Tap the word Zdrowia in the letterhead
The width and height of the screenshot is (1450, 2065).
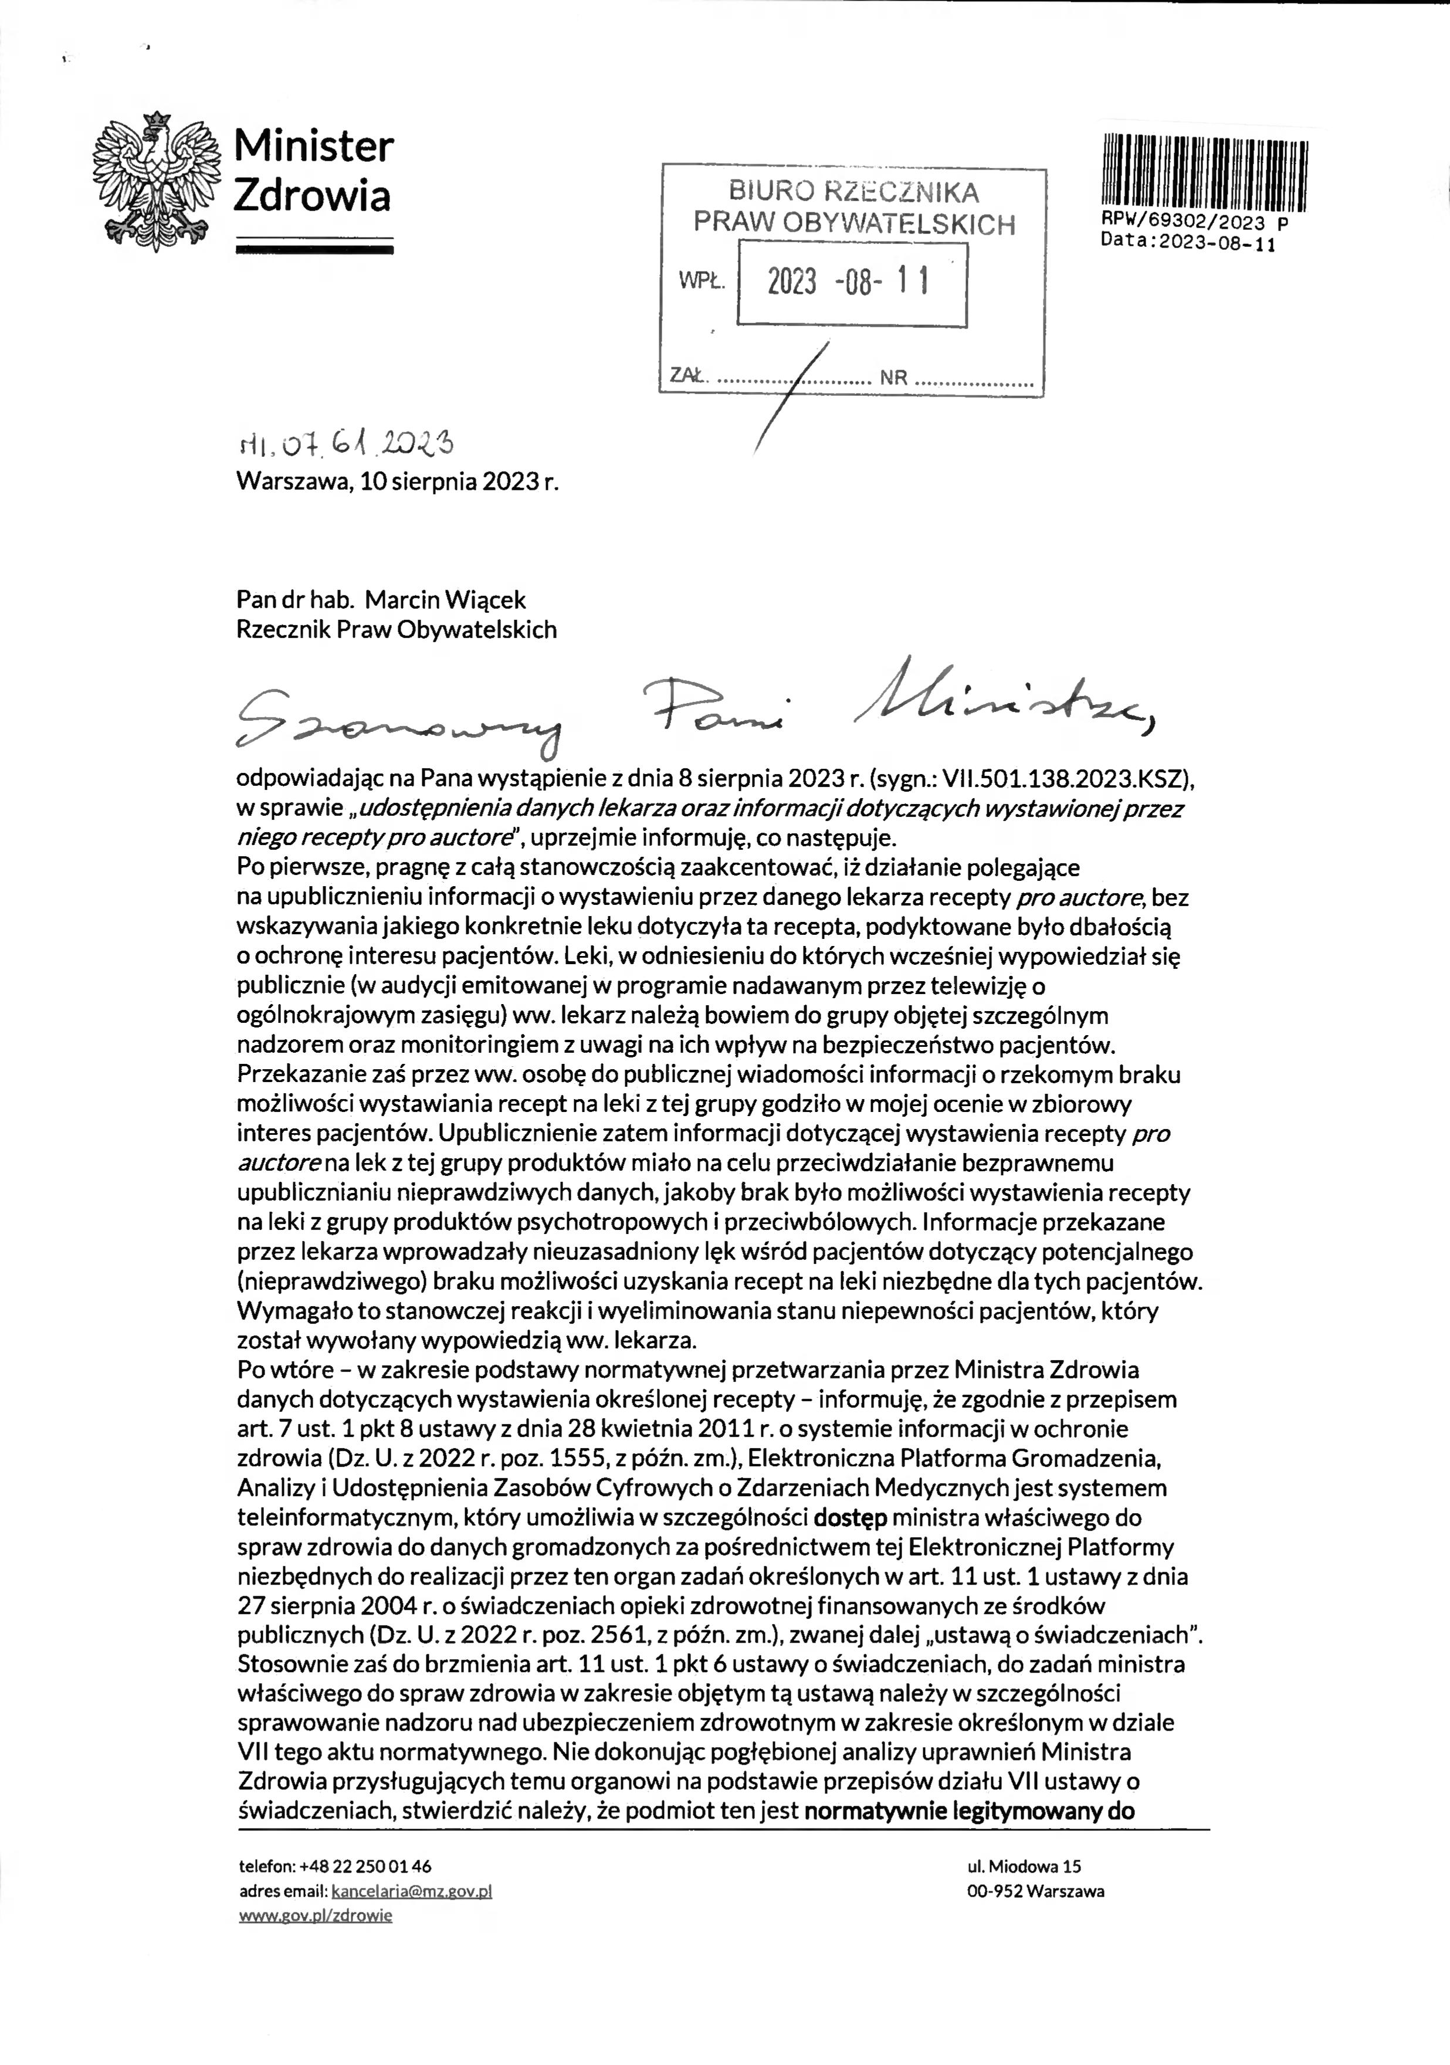click(x=311, y=196)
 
